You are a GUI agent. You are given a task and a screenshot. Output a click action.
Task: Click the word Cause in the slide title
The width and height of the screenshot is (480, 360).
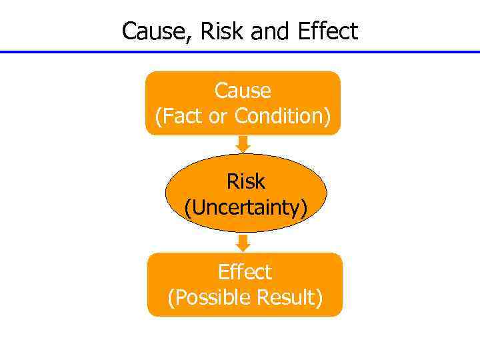coord(153,31)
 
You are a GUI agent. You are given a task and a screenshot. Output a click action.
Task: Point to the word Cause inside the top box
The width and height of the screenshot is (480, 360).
coord(243,91)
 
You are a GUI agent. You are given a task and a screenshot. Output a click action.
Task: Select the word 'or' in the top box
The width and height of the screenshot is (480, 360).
coord(218,116)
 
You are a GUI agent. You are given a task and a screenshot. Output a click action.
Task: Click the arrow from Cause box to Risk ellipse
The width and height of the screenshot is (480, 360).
coord(243,144)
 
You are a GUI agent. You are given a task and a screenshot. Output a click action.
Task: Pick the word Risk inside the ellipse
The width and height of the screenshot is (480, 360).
coord(245,181)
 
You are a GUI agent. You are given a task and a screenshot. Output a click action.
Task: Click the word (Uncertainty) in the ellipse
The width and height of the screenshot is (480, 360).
coord(245,207)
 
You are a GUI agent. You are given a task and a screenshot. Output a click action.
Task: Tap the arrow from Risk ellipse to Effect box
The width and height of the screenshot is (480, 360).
coord(243,242)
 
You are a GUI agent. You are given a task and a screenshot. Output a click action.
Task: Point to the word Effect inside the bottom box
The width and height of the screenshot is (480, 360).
coord(245,272)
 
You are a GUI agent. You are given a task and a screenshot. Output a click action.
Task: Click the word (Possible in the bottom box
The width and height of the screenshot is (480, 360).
coord(203,297)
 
